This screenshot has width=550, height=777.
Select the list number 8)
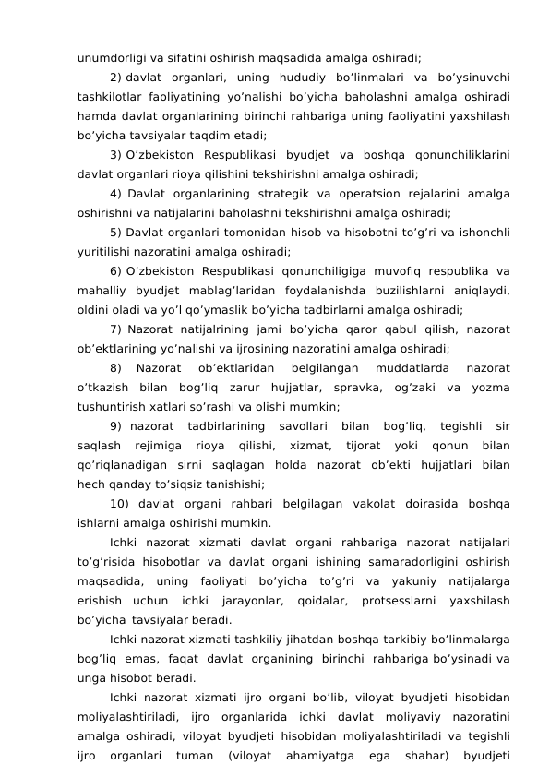pos(115,367)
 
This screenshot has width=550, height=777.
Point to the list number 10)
pos(121,503)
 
